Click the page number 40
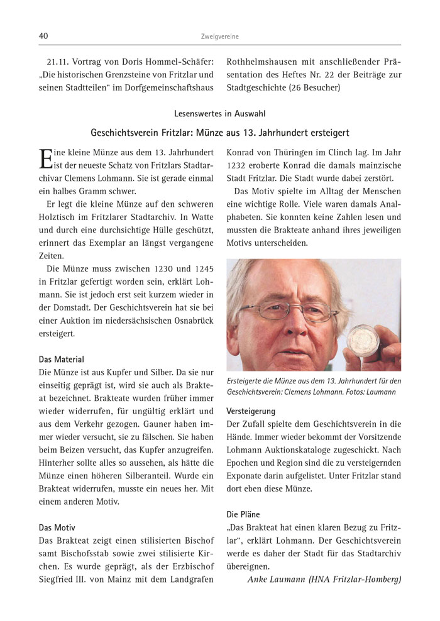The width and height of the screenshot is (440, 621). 43,36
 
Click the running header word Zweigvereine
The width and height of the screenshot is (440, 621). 219,37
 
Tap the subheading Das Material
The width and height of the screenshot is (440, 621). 61,360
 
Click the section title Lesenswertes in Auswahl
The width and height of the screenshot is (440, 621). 219,114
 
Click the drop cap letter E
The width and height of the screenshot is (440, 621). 45,158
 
